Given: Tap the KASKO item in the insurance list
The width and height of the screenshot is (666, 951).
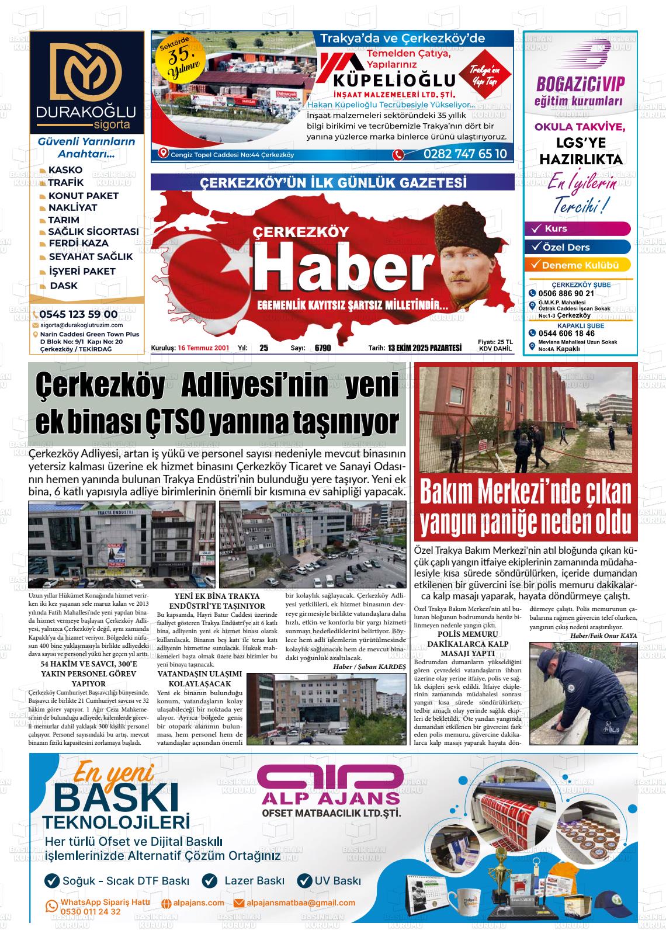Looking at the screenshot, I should [65, 170].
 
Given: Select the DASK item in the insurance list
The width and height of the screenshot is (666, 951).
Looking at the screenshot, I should [63, 286].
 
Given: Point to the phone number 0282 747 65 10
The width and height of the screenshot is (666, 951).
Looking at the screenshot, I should [465, 154].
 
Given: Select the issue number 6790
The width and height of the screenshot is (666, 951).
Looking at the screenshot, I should [322, 348].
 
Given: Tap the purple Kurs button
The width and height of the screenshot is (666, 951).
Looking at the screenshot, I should [578, 228].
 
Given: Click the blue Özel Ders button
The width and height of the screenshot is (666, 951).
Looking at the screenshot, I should [578, 247].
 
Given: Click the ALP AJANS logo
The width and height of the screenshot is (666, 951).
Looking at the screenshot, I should [330, 792].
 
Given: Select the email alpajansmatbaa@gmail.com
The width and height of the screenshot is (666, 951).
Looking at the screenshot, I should [300, 903].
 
